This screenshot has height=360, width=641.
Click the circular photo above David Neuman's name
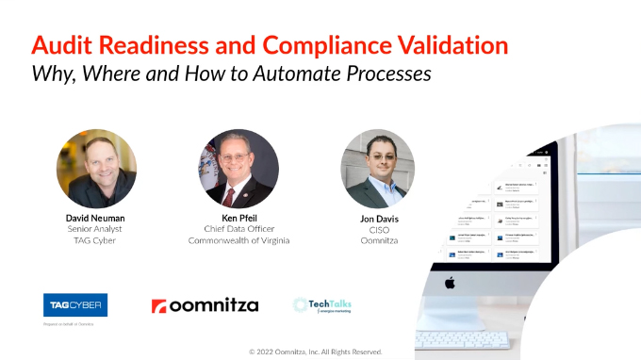point(96,169)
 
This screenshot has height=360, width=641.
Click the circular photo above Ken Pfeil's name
point(238,169)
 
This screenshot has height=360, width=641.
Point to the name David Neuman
point(96,216)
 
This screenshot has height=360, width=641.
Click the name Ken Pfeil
point(238,216)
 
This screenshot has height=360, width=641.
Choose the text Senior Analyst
point(96,228)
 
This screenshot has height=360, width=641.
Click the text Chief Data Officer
point(238,228)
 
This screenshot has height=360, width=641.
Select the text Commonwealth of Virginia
point(238,240)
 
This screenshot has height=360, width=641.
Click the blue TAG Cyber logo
point(75,303)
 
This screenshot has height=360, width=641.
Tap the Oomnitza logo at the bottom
point(205,305)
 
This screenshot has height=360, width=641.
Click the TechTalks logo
point(323,304)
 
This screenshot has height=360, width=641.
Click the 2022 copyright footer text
point(315,351)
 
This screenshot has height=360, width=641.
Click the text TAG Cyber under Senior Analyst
point(96,240)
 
